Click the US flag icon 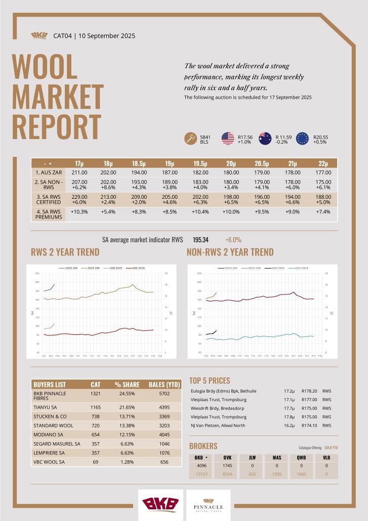tap(228, 138)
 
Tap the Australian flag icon tap(265, 138)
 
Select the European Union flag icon tap(302, 138)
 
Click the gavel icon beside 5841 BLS tap(191, 138)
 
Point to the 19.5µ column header tap(200, 163)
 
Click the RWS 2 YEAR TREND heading tap(65, 252)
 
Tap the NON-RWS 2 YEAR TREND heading tap(230, 252)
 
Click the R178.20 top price tap(309, 391)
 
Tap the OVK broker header tap(227, 457)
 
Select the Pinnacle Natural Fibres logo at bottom tap(209, 504)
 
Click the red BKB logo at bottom tap(160, 504)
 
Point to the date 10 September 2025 tap(108, 36)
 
